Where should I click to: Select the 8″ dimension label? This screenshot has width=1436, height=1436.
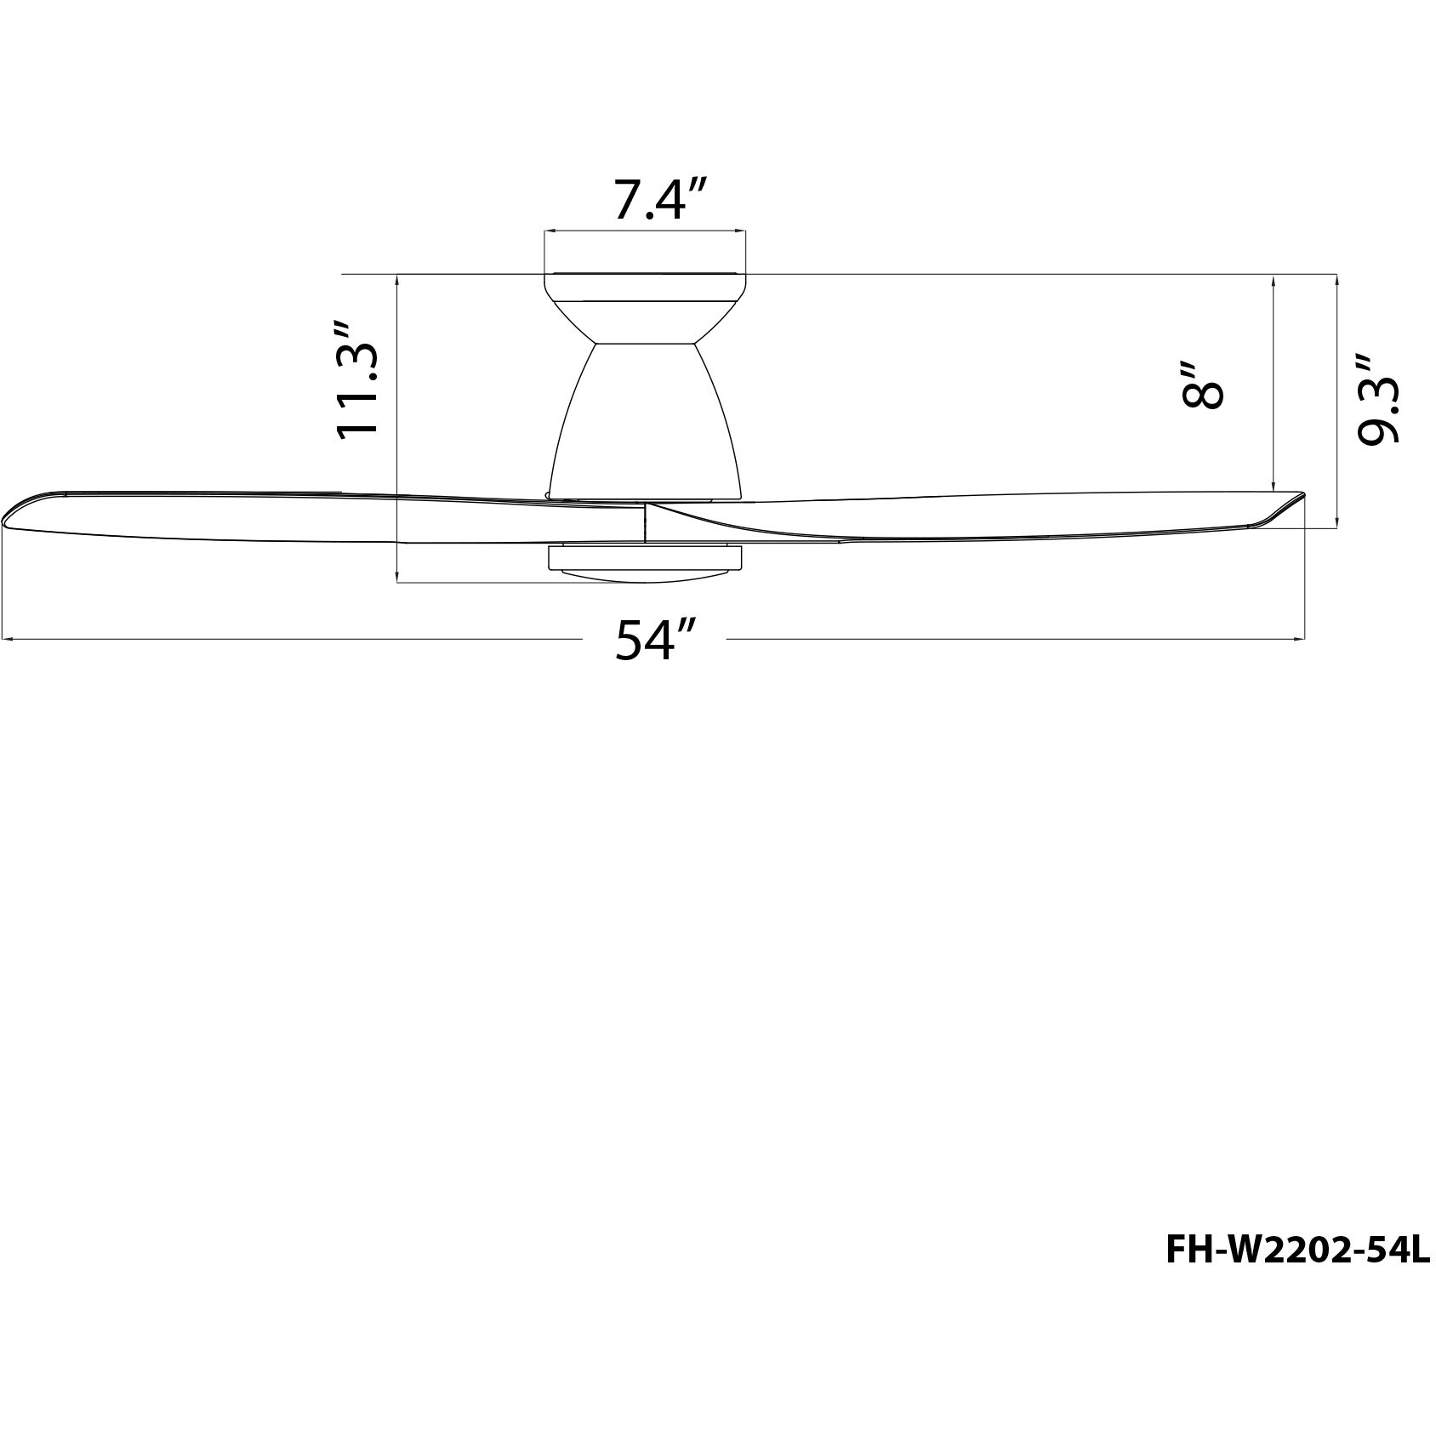1202,385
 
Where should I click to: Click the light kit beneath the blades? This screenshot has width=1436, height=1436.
645,562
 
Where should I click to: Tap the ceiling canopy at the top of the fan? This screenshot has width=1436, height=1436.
645,287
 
